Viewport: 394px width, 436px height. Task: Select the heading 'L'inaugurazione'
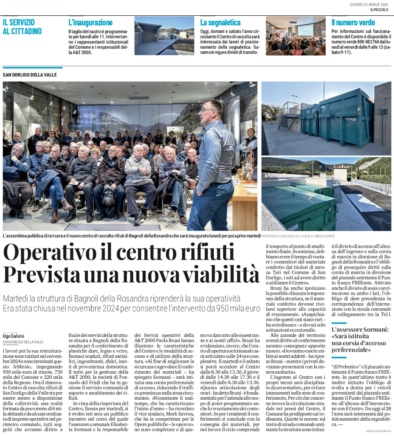coord(90,23)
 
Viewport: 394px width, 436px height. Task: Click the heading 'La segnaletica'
coord(220,23)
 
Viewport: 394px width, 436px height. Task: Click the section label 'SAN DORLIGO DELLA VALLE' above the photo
coord(29,75)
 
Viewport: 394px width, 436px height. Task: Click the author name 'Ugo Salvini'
coord(14,336)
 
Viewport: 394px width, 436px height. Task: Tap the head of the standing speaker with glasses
coord(212,111)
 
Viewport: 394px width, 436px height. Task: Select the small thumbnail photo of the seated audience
coord(295,36)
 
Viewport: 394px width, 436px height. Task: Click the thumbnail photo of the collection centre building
coord(164,36)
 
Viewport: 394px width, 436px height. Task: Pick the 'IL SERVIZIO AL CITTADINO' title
coord(22,26)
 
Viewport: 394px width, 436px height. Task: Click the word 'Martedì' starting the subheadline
coord(17,298)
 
